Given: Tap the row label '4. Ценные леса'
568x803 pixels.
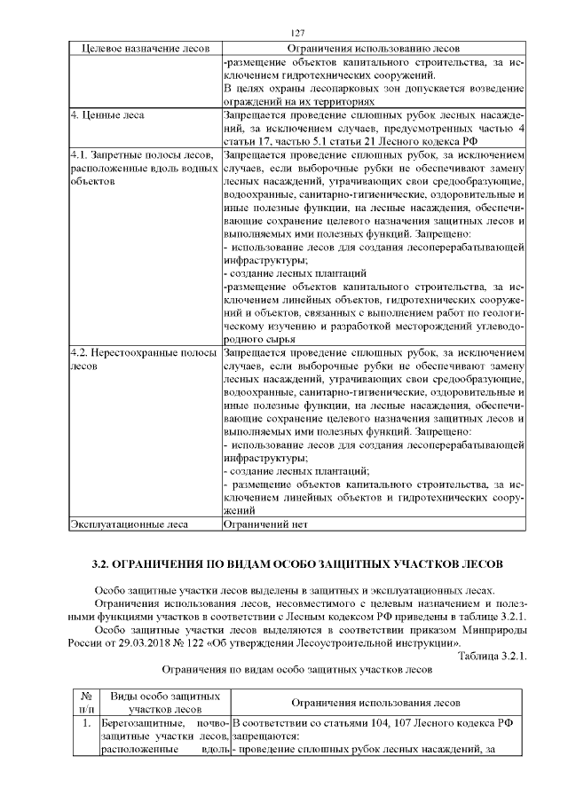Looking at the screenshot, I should click(x=102, y=115).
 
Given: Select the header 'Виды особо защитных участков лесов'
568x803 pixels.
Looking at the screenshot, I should click(x=163, y=703).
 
